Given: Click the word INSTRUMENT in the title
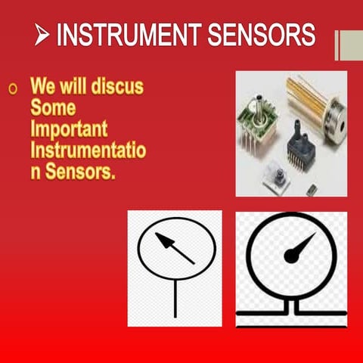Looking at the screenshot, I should click(125, 35).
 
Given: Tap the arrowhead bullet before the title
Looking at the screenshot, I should click(43, 35).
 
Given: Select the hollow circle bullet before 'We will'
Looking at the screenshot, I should click(12, 89).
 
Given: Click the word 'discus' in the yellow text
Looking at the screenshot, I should click(117, 87).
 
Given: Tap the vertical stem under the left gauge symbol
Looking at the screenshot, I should click(175, 298).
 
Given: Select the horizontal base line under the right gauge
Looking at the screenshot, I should click(291, 312).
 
